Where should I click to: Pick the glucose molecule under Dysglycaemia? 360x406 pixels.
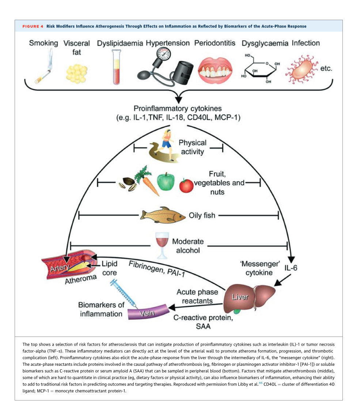click(260, 68)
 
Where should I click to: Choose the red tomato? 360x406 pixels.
click(186, 185)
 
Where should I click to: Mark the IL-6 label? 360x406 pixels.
click(291, 268)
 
